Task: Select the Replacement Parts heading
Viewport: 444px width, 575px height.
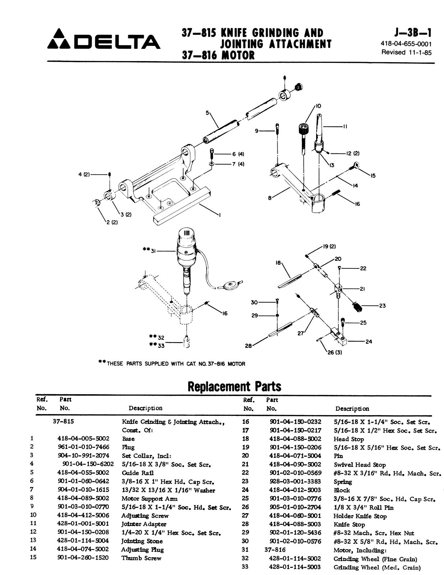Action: click(234, 386)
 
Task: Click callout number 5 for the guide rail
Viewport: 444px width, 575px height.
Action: click(207, 112)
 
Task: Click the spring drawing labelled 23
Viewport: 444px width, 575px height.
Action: click(357, 308)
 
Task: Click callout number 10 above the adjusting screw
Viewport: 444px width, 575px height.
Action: click(319, 106)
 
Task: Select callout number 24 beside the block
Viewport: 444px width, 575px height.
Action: click(369, 341)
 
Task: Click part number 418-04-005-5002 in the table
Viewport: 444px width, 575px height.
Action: click(83, 438)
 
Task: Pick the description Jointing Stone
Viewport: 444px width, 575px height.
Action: click(142, 541)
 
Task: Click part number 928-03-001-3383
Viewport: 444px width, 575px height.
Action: click(295, 482)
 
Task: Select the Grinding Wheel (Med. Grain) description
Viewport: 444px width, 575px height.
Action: click(377, 567)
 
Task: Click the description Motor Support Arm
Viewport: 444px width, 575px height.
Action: click(149, 498)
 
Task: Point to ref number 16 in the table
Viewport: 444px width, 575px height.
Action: click(246, 422)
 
